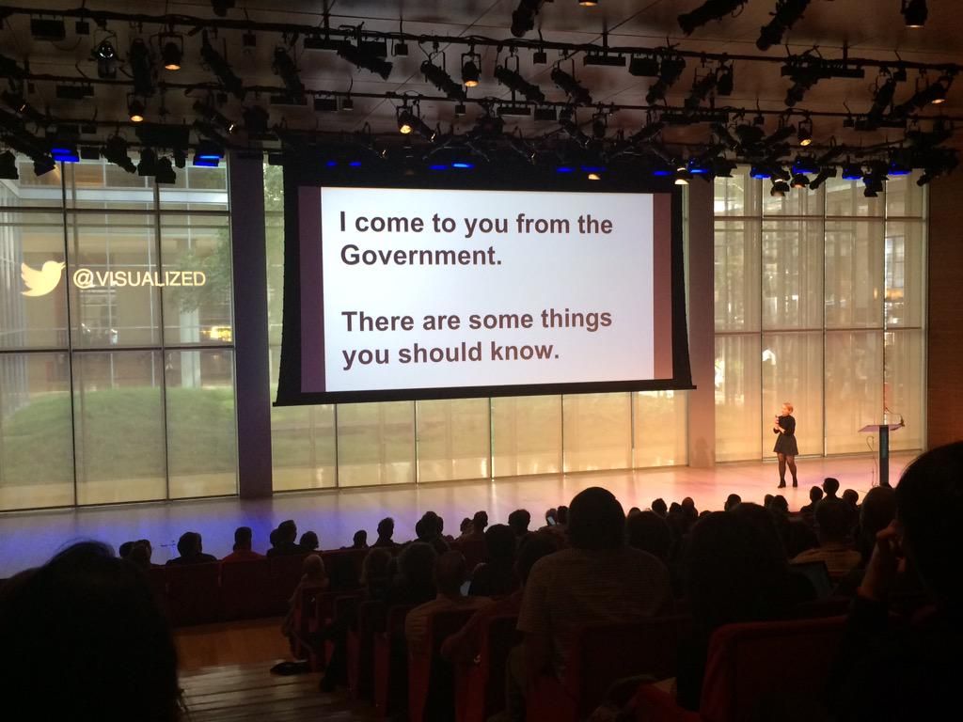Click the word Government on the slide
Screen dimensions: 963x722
pyautogui.click(x=420, y=255)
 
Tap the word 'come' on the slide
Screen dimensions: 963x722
pyautogui.click(x=389, y=224)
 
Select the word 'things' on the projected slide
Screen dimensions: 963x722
pyautogui.click(x=576, y=320)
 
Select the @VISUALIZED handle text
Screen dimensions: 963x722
pyautogui.click(x=139, y=278)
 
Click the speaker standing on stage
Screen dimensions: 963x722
pyautogui.click(x=785, y=445)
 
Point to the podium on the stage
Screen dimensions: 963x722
pyautogui.click(x=882, y=453)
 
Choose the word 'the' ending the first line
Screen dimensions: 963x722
pyautogui.click(x=595, y=224)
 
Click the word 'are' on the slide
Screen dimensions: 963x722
pyautogui.click(x=442, y=322)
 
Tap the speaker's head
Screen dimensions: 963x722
pyautogui.click(x=786, y=409)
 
